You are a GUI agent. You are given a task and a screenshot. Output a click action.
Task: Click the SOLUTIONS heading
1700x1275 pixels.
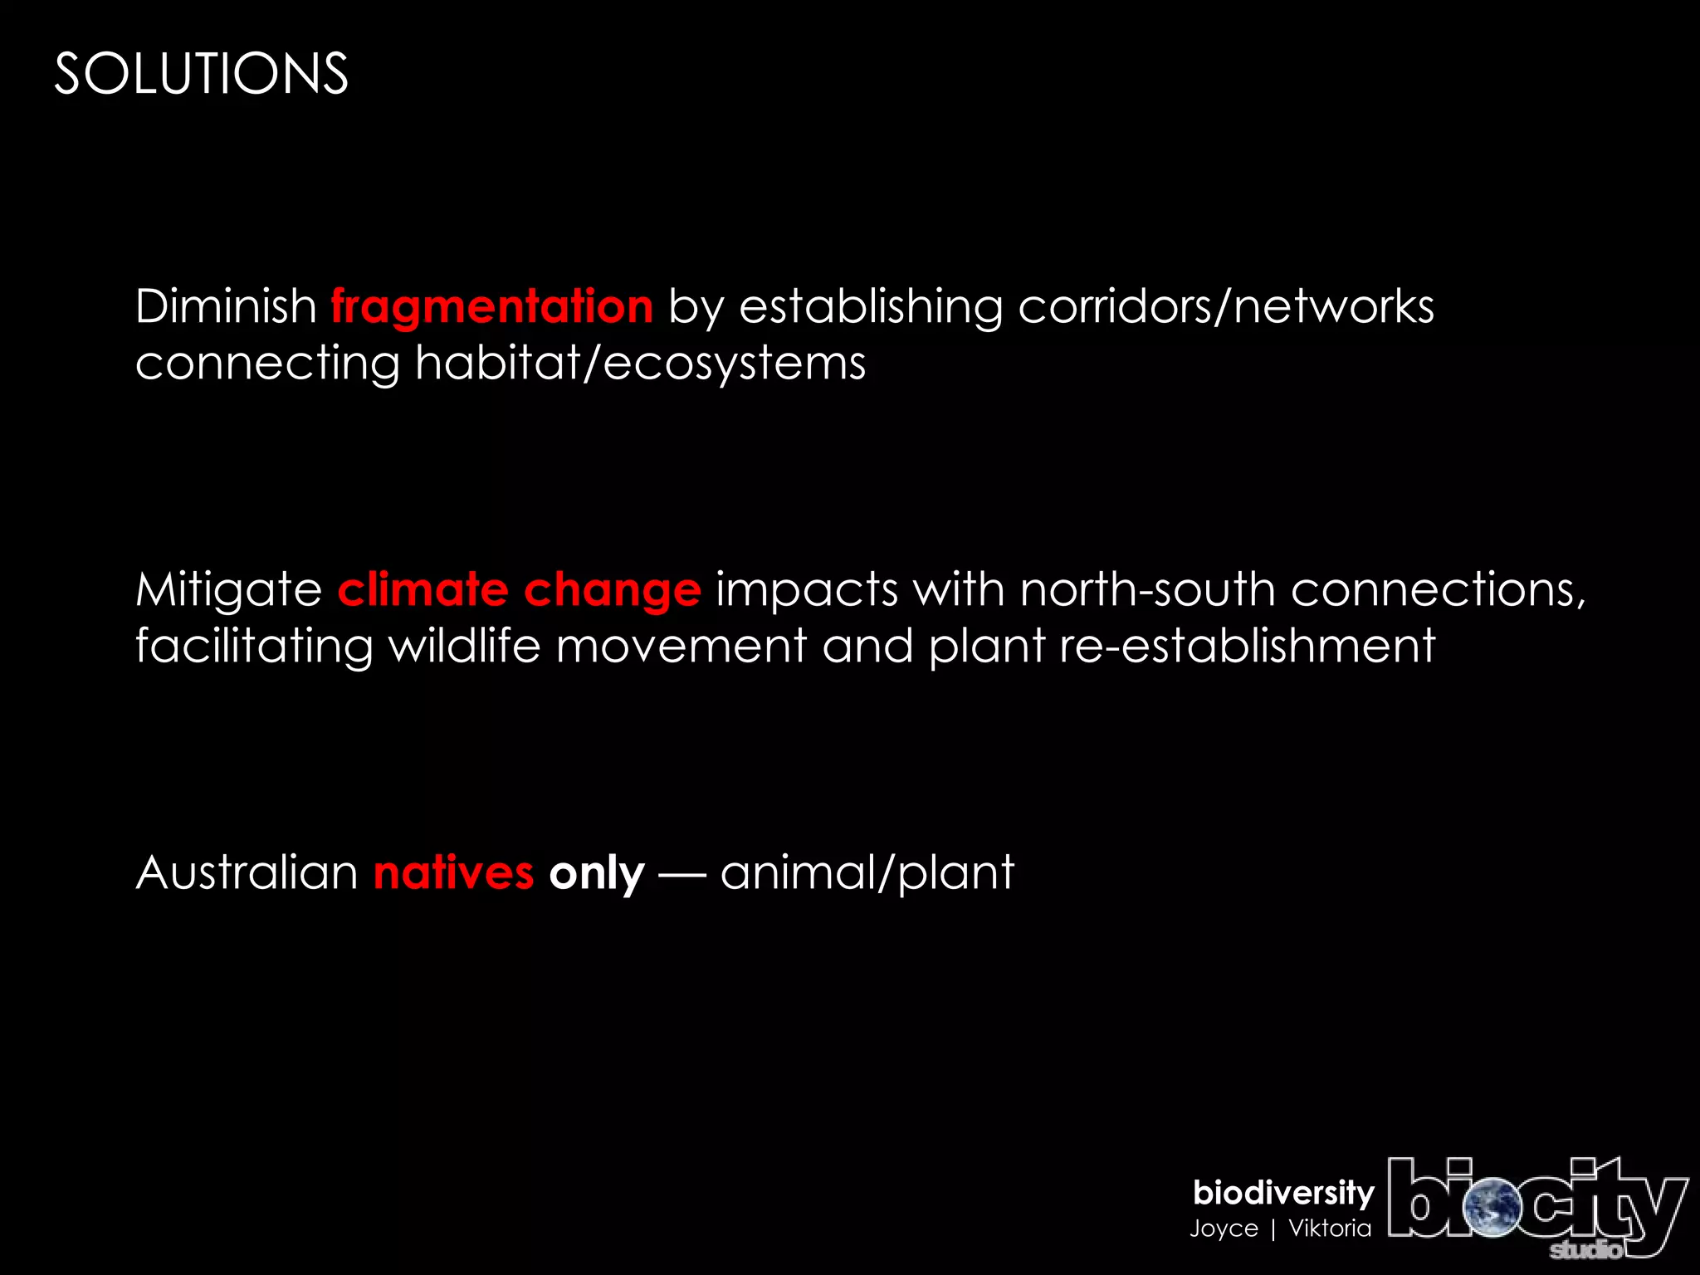click(201, 74)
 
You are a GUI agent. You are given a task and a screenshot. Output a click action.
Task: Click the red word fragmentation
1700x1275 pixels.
click(492, 306)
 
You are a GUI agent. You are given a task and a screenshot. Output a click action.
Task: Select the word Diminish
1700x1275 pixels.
click(226, 306)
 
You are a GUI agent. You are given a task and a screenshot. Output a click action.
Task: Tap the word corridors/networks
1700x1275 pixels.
click(1226, 306)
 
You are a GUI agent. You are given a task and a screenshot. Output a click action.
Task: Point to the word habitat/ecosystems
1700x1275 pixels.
click(640, 364)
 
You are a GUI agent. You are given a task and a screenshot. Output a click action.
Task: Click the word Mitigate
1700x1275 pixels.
click(228, 589)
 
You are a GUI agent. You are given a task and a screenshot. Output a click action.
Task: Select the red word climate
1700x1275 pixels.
click(423, 589)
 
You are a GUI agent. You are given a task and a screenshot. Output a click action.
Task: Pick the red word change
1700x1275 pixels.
click(612, 591)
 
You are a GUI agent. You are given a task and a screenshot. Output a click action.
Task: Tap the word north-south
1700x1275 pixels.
click(1147, 589)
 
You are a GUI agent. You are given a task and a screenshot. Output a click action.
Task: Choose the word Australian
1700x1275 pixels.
click(247, 872)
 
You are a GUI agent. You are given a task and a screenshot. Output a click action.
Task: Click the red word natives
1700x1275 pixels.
click(453, 872)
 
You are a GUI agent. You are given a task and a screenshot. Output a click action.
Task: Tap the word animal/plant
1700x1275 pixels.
click(867, 872)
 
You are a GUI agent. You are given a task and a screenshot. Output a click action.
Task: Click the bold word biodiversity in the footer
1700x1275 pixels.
click(1283, 1193)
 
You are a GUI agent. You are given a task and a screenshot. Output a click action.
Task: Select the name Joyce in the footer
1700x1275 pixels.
click(1224, 1229)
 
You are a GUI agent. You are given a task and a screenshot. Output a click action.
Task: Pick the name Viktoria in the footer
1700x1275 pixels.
click(1330, 1229)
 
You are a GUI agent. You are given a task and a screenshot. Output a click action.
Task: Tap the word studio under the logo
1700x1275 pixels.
click(1585, 1249)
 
